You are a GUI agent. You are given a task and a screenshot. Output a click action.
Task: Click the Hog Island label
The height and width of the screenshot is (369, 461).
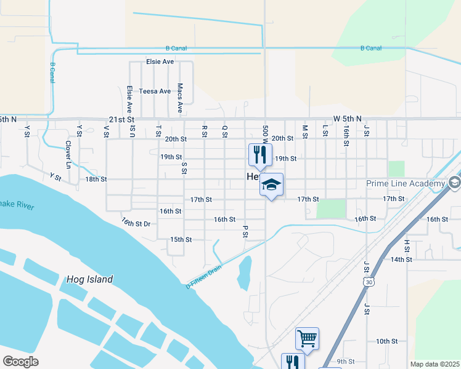click(89, 280)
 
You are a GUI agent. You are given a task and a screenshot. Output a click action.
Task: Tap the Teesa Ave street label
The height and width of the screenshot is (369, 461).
click(155, 92)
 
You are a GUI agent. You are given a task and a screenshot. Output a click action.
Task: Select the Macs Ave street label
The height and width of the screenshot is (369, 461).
click(180, 98)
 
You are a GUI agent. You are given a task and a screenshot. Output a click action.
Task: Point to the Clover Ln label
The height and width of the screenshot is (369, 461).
click(68, 154)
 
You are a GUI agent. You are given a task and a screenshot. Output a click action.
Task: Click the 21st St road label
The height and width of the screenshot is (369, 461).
click(121, 119)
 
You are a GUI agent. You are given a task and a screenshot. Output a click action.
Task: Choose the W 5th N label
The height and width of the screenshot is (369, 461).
click(347, 118)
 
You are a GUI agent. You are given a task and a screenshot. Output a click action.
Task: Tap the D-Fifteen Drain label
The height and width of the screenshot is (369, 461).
click(203, 275)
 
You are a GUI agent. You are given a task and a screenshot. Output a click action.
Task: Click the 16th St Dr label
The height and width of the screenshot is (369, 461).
click(136, 222)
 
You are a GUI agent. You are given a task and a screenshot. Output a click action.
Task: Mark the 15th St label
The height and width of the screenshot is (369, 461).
click(181, 239)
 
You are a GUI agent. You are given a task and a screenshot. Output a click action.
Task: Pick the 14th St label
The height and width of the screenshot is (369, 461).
click(401, 260)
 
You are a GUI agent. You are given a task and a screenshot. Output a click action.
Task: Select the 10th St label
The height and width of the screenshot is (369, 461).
click(386, 341)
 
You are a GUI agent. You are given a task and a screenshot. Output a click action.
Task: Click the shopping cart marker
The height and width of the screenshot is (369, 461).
click(307, 338)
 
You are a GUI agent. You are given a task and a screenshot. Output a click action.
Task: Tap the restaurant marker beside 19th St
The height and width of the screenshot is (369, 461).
click(259, 154)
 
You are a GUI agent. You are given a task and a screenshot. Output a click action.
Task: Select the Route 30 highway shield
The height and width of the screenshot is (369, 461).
click(369, 281)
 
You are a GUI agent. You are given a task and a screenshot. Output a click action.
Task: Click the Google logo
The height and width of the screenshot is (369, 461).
click(20, 362)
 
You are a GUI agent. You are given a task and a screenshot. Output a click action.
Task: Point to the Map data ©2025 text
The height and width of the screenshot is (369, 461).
click(434, 364)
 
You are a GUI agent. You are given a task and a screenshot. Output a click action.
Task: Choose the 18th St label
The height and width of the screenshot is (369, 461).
click(96, 179)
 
